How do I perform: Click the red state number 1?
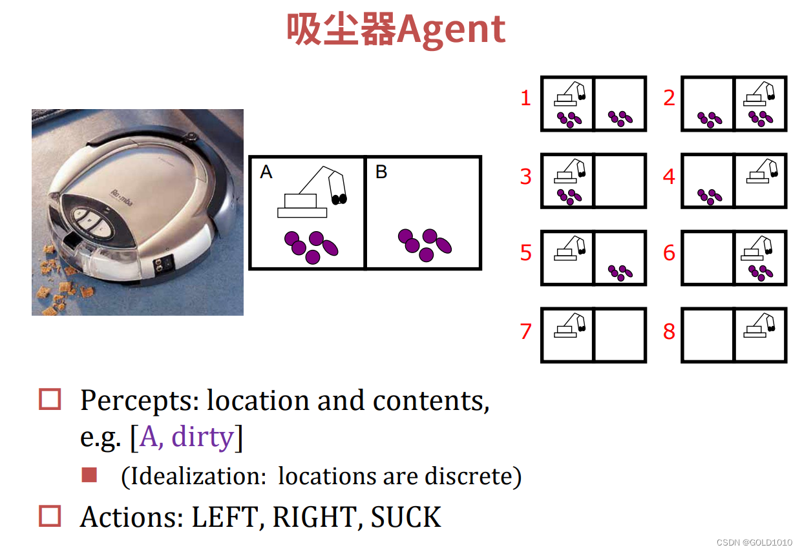coord(525,98)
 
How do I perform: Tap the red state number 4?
coord(669,176)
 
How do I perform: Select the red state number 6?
coord(669,253)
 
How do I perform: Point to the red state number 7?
coord(525,331)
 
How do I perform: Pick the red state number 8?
coord(669,331)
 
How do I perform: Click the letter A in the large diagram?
coord(266,172)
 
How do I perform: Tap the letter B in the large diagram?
coord(381,172)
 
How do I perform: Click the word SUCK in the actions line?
coord(406,517)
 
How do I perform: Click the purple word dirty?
coord(202,437)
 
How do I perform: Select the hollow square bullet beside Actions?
coord(50,516)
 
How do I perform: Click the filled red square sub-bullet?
coord(89,476)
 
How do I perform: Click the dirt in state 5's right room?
coord(620,272)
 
